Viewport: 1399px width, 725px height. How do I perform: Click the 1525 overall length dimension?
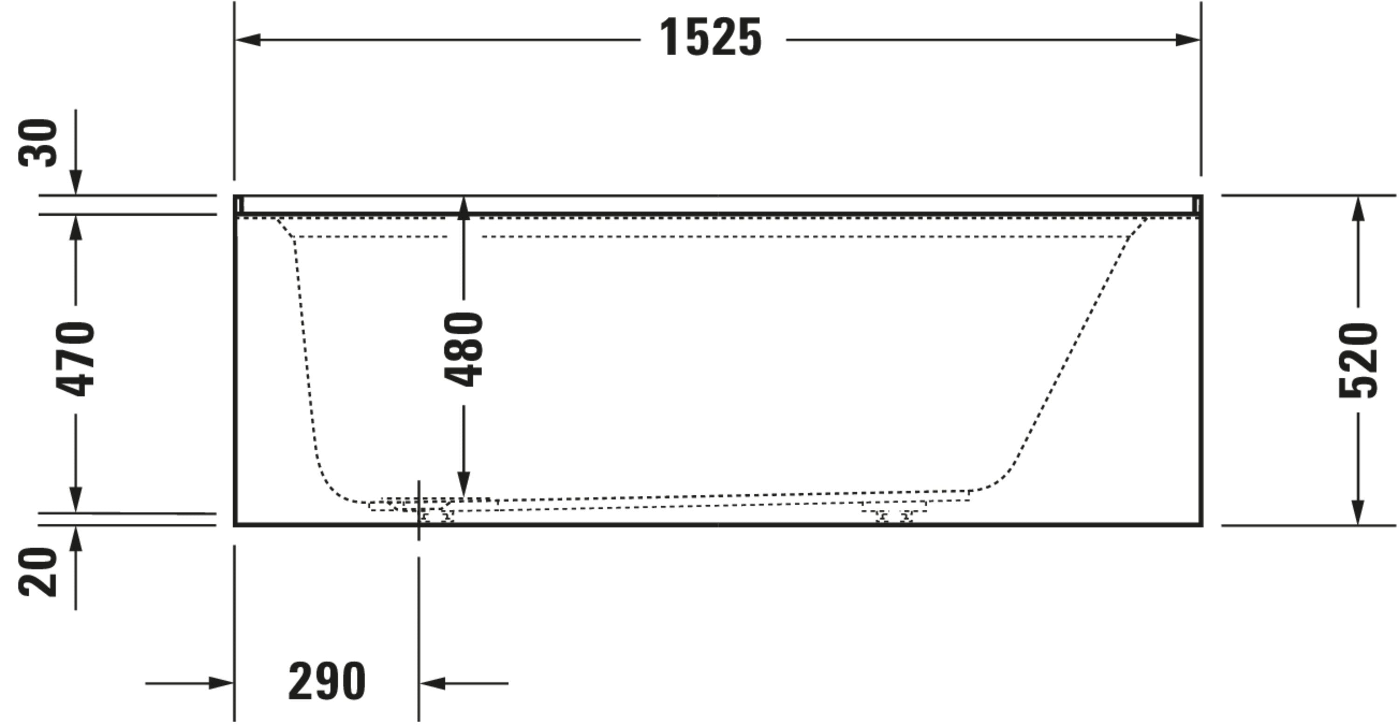point(710,37)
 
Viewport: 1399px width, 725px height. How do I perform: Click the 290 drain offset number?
point(327,682)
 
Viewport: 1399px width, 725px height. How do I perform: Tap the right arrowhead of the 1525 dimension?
point(1187,40)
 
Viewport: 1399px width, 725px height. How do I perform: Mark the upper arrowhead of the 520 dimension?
point(1357,208)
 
